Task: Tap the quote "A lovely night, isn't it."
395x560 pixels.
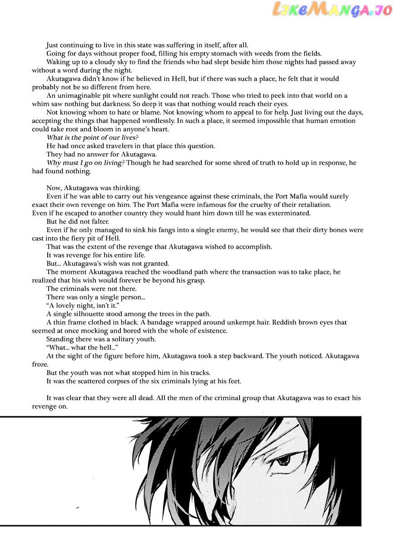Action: (85, 305)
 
